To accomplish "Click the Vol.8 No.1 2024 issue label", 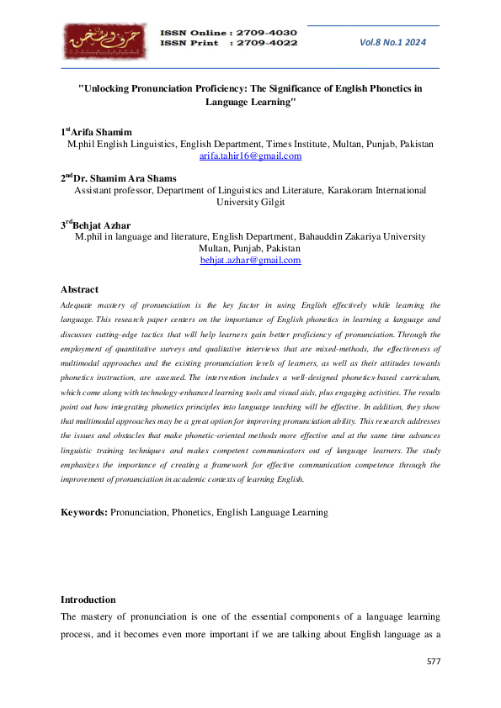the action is click(x=393, y=41).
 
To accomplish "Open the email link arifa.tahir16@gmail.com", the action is click(x=250, y=156).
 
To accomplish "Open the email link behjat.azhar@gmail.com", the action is click(x=250, y=261).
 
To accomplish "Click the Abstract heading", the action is click(x=79, y=289).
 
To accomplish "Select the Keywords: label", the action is click(x=83, y=512).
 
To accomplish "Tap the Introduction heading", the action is click(x=88, y=600).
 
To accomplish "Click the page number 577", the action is click(x=433, y=662).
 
